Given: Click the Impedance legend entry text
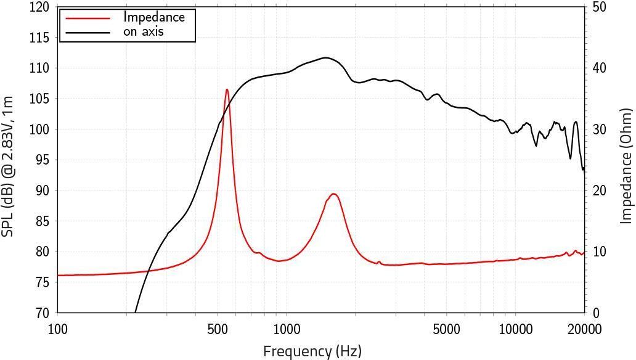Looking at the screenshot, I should pos(153,17).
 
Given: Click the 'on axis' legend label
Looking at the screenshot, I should pos(143,31).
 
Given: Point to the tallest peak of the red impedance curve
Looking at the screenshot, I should pos(227,89).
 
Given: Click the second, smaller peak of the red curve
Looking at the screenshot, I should pos(334,194).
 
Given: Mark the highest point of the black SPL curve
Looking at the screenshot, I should pos(325,58).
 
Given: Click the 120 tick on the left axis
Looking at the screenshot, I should pos(39,7).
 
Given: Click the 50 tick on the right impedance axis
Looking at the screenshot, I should pos(599,7).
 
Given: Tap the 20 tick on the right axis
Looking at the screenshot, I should pos(599,191).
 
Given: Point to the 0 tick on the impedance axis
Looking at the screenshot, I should pos(595,313).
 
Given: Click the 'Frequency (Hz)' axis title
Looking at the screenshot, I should pos(312,351).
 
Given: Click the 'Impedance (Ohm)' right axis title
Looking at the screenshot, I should pos(626,165).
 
